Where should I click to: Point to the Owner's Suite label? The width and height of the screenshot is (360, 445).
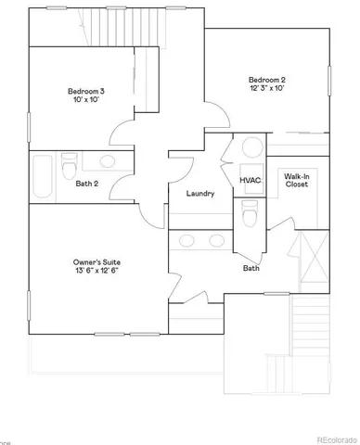pyautogui.click(x=96, y=263)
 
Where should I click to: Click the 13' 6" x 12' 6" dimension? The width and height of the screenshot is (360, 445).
pyautogui.click(x=96, y=273)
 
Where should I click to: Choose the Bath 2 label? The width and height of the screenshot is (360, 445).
pyautogui.click(x=88, y=183)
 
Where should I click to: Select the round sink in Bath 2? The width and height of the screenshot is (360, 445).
pyautogui.click(x=106, y=162)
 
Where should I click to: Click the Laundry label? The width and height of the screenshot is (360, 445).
pyautogui.click(x=200, y=194)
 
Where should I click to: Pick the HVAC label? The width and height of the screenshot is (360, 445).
pyautogui.click(x=250, y=180)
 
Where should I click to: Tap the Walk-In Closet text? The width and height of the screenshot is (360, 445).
pyautogui.click(x=296, y=180)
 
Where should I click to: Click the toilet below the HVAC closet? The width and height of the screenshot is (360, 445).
pyautogui.click(x=249, y=215)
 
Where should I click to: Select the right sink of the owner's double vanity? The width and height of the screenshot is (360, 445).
pyautogui.click(x=217, y=241)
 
